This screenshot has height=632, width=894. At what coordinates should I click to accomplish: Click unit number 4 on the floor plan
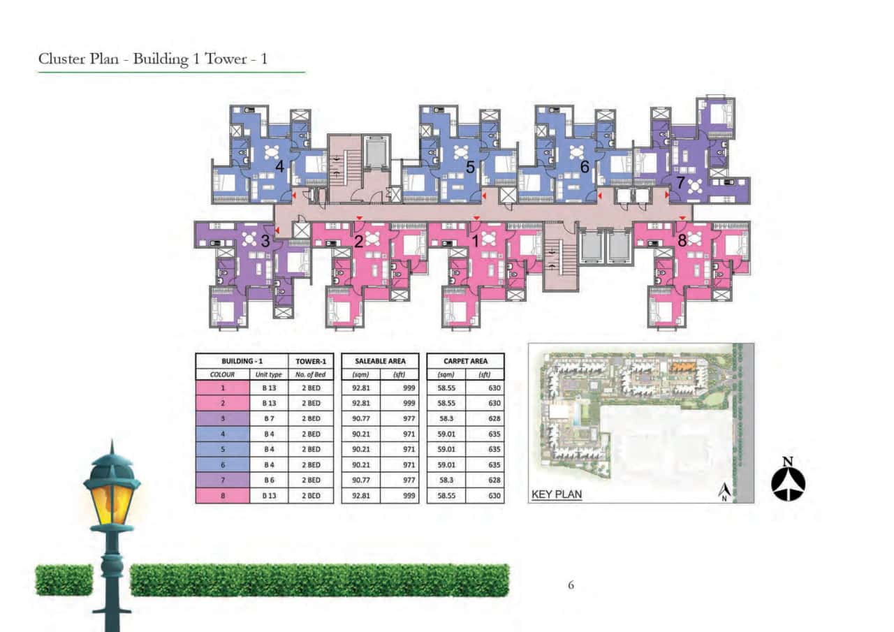tap(279, 166)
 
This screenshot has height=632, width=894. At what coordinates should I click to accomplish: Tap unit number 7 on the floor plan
tap(680, 182)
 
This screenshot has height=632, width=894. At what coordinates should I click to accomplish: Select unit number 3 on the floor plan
tap(265, 242)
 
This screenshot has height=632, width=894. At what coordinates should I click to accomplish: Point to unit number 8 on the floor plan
tap(682, 240)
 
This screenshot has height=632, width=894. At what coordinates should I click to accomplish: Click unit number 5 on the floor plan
tap(470, 167)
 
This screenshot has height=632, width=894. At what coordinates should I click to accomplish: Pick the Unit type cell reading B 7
tap(268, 418)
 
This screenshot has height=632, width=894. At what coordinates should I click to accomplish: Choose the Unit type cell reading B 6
tap(268, 480)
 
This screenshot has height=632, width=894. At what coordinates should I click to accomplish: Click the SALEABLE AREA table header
tap(380, 361)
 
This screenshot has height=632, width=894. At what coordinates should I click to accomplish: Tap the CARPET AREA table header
tap(465, 361)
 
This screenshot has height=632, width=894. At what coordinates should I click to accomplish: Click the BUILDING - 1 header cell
tap(241, 361)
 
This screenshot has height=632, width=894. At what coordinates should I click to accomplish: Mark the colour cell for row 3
tap(222, 418)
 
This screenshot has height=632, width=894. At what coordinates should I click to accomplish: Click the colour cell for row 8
tap(222, 495)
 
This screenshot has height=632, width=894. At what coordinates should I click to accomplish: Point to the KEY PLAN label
tap(557, 494)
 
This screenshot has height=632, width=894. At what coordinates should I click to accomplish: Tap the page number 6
tap(571, 585)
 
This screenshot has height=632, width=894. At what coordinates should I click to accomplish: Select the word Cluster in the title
tap(62, 59)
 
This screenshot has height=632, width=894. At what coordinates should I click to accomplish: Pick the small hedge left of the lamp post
tap(64, 580)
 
